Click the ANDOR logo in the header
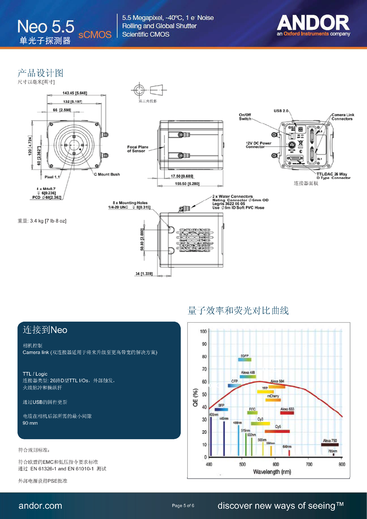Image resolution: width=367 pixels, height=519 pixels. point(313,23)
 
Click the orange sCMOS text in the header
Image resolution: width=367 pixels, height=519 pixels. point(95,35)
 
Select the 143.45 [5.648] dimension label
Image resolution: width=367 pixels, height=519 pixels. point(75,93)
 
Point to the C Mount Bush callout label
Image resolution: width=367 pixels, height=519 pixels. point(107,174)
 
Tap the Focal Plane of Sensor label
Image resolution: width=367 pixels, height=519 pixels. point(138,149)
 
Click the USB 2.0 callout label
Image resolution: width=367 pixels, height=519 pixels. point(281,111)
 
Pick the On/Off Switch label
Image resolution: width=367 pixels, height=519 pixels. point(245,117)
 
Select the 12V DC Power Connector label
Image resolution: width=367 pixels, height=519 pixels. point(258,145)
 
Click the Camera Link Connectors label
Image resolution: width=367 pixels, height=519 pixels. point(342,117)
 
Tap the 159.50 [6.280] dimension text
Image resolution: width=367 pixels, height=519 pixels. point(187,184)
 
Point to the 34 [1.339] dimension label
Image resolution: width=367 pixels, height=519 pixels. point(144,274)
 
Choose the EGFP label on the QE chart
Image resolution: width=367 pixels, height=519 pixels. point(244,356)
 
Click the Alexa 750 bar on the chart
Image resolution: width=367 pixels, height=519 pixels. point(330,445)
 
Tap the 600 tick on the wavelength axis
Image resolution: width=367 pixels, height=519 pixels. point(276,464)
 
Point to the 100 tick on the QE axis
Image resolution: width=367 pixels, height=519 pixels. point(203,331)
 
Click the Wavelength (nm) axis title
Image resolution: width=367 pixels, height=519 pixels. point(272,472)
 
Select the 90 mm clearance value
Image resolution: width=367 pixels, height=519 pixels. point(30,423)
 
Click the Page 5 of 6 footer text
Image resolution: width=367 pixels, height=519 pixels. point(183,506)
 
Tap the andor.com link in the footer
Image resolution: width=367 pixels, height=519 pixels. point(40,506)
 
